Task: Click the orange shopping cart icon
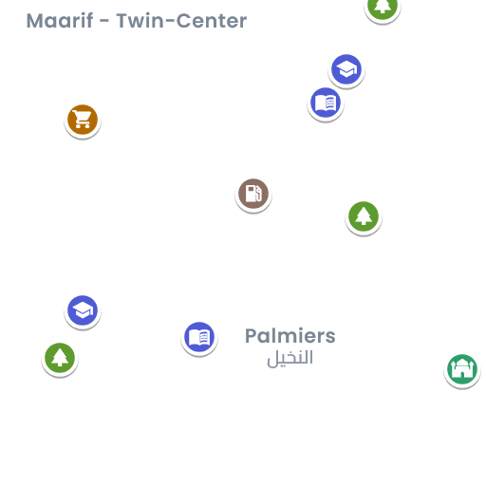83,120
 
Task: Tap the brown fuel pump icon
253,194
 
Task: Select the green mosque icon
462,369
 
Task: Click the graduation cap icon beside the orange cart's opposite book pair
346,69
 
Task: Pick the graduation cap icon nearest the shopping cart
83,310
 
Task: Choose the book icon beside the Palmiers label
199,337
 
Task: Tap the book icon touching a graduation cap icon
326,103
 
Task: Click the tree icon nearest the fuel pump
364,216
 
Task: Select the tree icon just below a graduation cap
60,358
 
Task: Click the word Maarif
60,21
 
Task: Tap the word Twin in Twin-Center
140,21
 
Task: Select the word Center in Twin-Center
212,21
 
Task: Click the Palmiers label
290,336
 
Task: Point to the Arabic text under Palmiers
290,358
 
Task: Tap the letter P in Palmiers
252,336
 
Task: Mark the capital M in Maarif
34,21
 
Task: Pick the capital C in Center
183,21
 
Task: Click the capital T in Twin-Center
122,21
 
